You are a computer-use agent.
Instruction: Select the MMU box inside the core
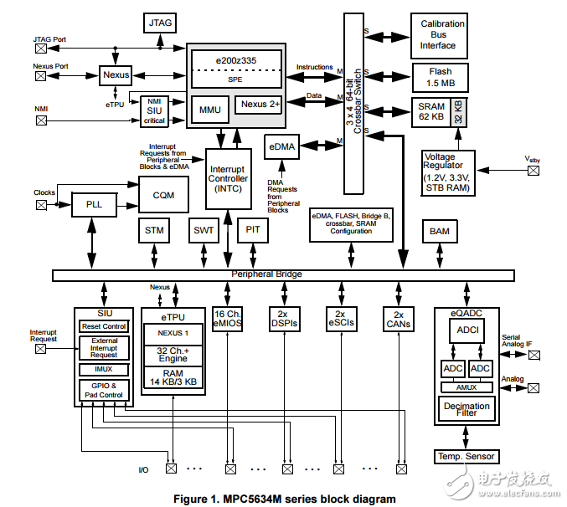tap(209, 108)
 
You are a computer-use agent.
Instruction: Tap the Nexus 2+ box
tap(259, 105)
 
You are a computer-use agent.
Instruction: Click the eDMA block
tap(281, 146)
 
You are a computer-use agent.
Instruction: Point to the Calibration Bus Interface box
tap(443, 34)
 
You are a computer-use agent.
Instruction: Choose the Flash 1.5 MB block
tap(441, 78)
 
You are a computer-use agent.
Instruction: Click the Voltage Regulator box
tap(449, 172)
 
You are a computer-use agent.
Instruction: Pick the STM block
tap(154, 230)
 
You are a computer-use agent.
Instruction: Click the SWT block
tap(204, 230)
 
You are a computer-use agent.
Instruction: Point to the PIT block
tap(253, 230)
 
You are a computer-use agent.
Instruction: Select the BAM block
tap(439, 230)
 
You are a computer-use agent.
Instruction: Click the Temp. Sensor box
tap(466, 456)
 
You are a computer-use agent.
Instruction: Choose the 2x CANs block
tap(399, 319)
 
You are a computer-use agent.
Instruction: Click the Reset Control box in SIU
tap(104, 326)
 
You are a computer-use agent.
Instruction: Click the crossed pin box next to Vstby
tap(533, 171)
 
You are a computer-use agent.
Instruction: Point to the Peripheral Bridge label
tap(266, 274)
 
